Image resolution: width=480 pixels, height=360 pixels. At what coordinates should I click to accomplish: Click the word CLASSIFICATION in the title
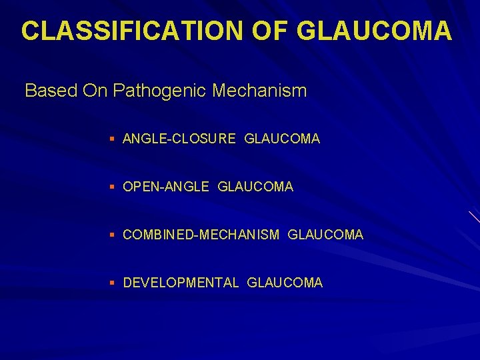pos(125,31)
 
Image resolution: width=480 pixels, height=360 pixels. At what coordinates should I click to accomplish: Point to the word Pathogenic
pos(161,91)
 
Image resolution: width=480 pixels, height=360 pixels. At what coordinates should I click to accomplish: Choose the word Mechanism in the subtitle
pos(260,91)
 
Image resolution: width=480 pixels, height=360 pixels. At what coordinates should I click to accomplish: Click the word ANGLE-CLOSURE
pos(179,139)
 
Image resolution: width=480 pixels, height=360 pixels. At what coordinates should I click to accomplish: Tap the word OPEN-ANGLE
pos(166,187)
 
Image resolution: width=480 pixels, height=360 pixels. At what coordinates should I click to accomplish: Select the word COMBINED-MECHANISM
pos(201,235)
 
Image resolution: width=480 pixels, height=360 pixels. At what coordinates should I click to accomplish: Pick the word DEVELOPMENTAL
pos(181,283)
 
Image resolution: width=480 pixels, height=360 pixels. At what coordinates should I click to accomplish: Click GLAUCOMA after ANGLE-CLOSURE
pos(282,139)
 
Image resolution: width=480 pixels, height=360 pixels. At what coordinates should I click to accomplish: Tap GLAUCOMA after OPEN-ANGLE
pos(255,187)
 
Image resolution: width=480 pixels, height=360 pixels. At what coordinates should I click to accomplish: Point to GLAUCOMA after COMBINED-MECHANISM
pos(326,235)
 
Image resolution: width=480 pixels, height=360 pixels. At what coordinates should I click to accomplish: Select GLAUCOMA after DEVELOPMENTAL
pos(285,283)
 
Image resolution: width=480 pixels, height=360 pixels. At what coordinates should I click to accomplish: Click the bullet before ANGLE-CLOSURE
pos(113,139)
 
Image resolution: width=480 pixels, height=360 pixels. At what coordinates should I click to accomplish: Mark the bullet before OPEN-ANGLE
pos(113,187)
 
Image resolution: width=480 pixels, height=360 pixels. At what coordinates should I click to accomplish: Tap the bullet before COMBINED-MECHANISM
pos(113,235)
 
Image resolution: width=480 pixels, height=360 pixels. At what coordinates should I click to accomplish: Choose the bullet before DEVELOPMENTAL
pos(113,283)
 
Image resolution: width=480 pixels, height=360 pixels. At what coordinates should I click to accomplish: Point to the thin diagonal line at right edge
pos(474,216)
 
